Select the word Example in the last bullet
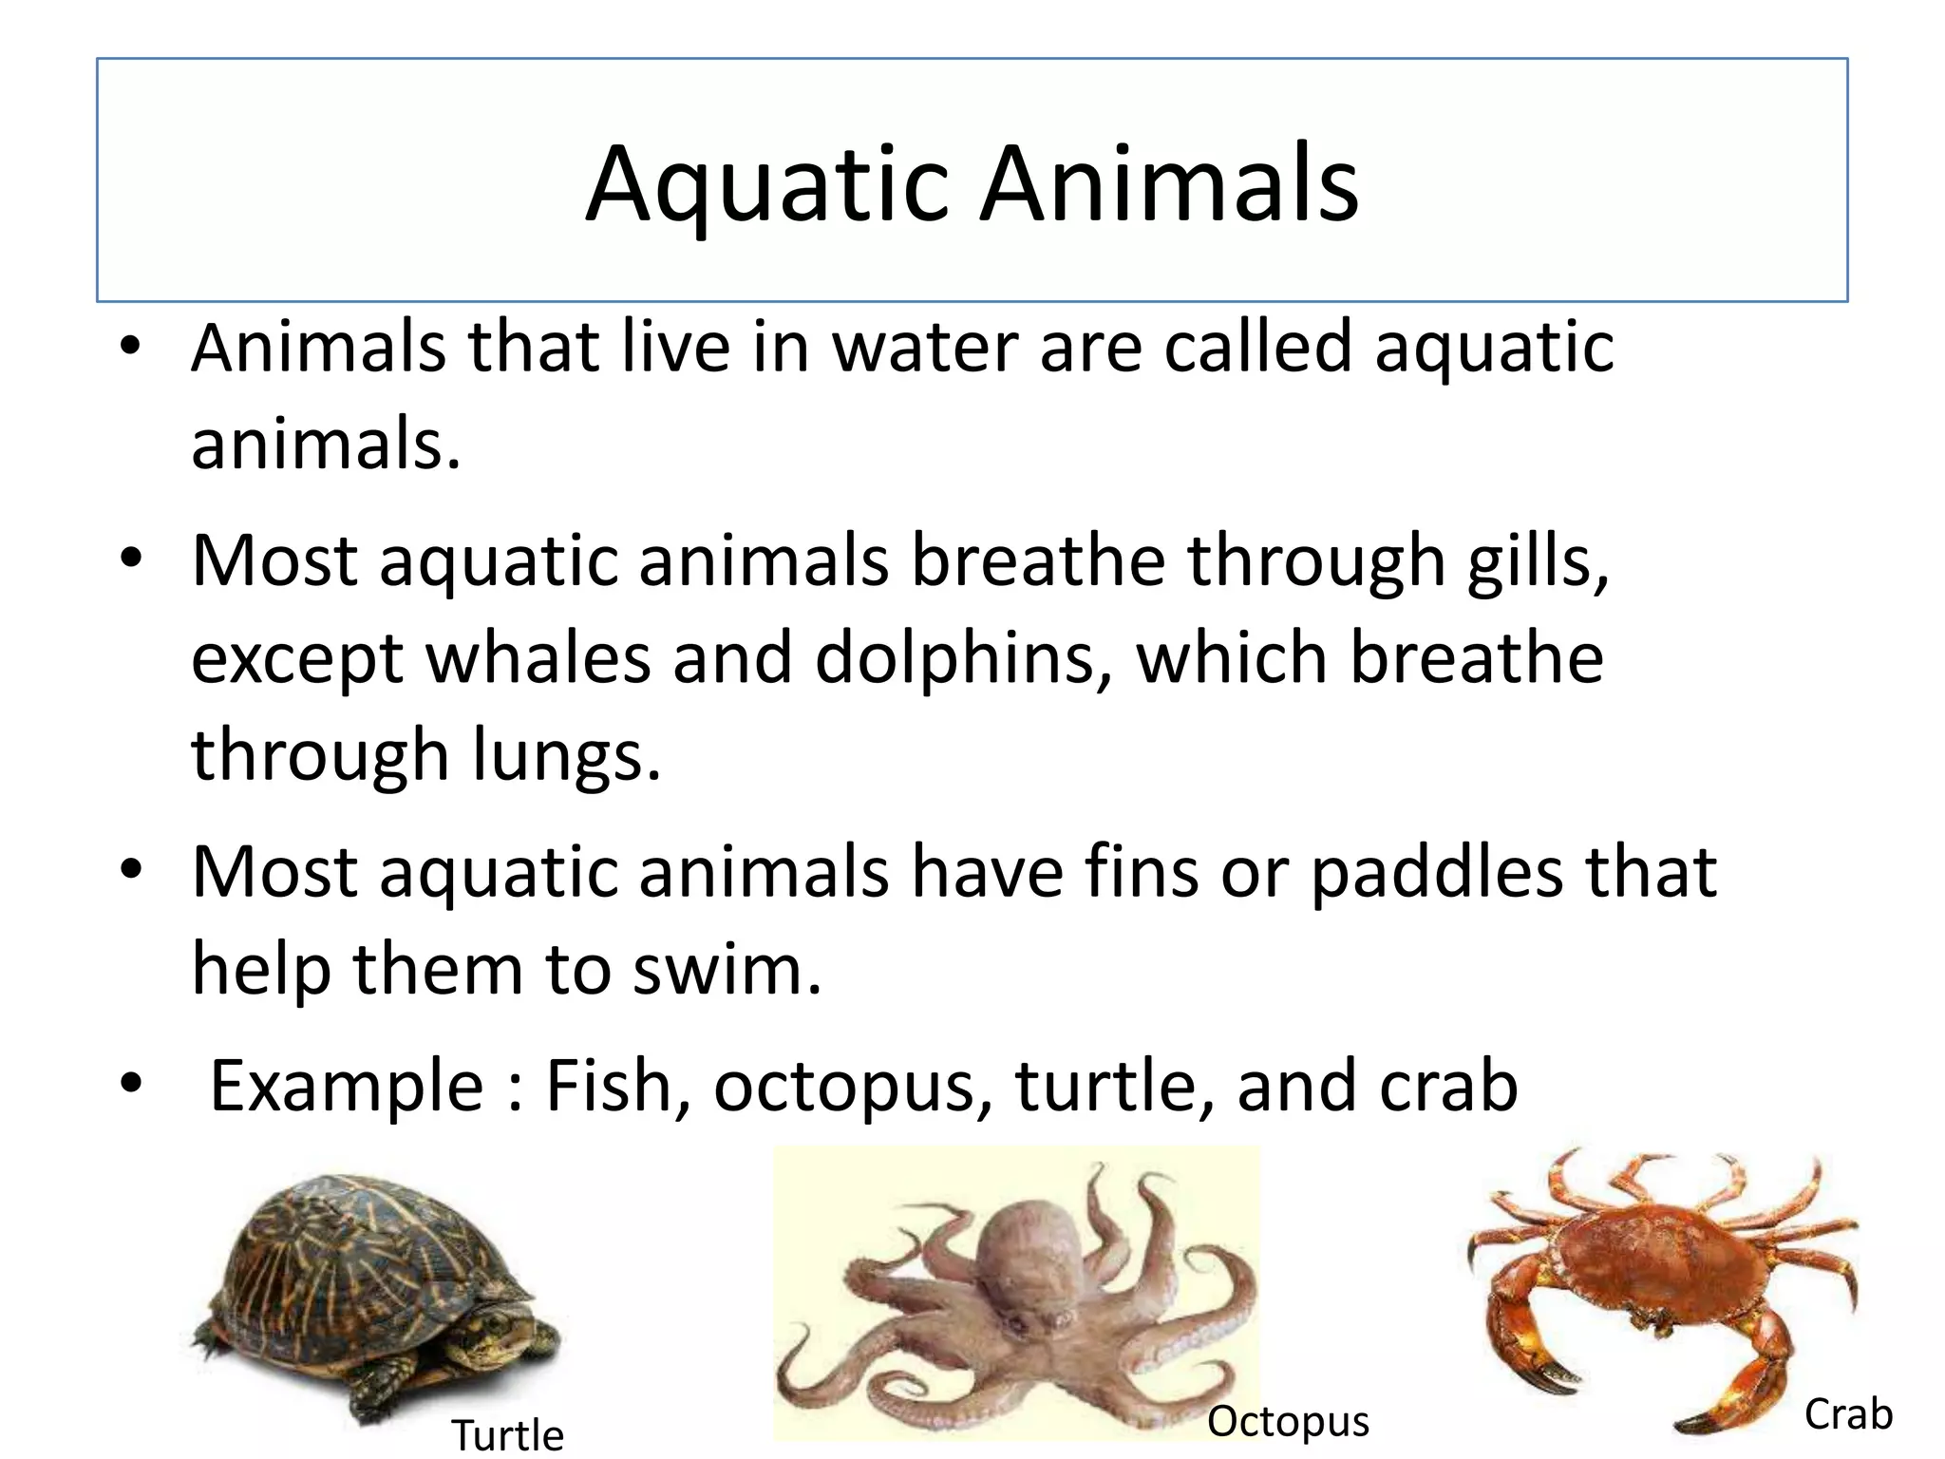tap(346, 1086)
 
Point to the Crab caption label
tap(1847, 1414)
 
